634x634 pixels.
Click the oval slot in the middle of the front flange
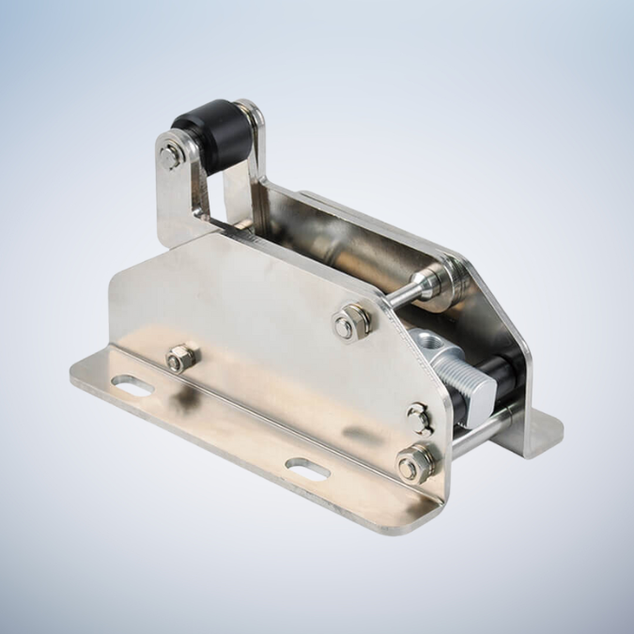[307, 467]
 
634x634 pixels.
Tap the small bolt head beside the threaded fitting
[419, 417]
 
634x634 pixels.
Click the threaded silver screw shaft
[467, 374]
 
